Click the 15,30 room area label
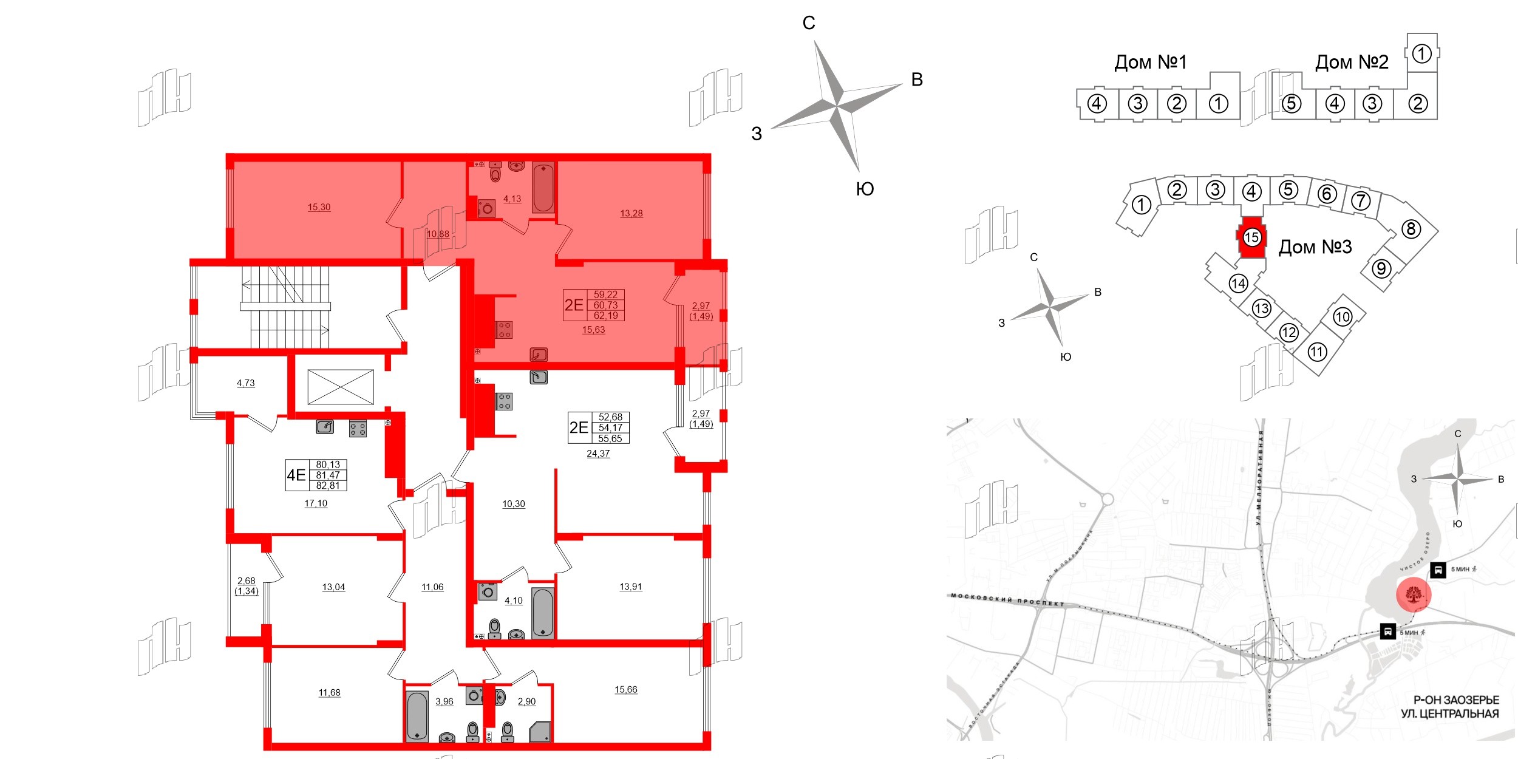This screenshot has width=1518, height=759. (319, 207)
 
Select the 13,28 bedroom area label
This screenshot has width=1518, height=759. (631, 213)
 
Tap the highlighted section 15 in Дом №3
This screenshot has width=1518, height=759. (1251, 237)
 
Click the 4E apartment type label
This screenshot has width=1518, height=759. (296, 475)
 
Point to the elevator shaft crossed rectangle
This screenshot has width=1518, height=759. (341, 387)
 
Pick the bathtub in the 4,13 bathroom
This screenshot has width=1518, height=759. (543, 188)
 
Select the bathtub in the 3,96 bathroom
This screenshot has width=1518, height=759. (417, 716)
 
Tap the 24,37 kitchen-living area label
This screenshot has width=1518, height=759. (598, 454)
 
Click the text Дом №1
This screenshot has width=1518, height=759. (1150, 62)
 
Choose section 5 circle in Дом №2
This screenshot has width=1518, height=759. (1291, 104)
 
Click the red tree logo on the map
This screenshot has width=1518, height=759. (1414, 594)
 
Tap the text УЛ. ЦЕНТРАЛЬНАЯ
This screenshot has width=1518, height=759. (1449, 714)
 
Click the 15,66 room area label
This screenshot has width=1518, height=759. (625, 689)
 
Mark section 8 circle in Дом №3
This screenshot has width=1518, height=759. (1411, 229)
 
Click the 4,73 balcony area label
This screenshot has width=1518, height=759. (245, 383)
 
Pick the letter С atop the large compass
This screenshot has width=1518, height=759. (809, 23)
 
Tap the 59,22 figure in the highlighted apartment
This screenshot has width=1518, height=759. (605, 294)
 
